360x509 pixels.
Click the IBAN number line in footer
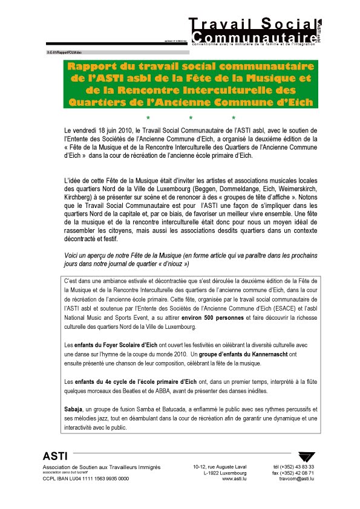tap(85, 478)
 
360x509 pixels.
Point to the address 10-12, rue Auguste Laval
tap(220, 466)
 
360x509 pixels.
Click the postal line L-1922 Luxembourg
tap(221, 472)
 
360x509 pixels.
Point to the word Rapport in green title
tap(91, 66)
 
